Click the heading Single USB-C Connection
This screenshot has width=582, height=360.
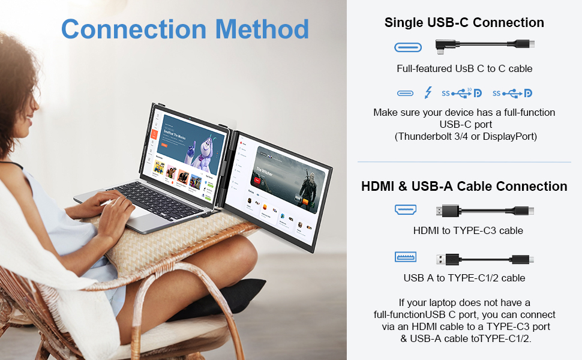click(464, 23)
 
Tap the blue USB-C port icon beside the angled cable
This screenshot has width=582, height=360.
click(408, 46)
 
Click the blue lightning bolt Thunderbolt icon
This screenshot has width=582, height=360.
click(428, 93)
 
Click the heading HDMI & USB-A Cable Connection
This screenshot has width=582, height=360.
click(464, 186)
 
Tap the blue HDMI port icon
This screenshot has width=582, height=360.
click(405, 210)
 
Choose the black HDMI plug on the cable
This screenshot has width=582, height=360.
click(447, 211)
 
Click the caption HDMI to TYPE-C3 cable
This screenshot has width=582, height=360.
click(468, 230)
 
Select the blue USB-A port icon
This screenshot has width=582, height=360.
click(405, 257)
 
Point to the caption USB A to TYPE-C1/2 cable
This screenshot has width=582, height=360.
click(464, 278)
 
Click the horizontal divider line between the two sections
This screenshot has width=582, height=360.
click(464, 162)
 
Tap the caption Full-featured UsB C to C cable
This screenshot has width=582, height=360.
click(464, 68)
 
